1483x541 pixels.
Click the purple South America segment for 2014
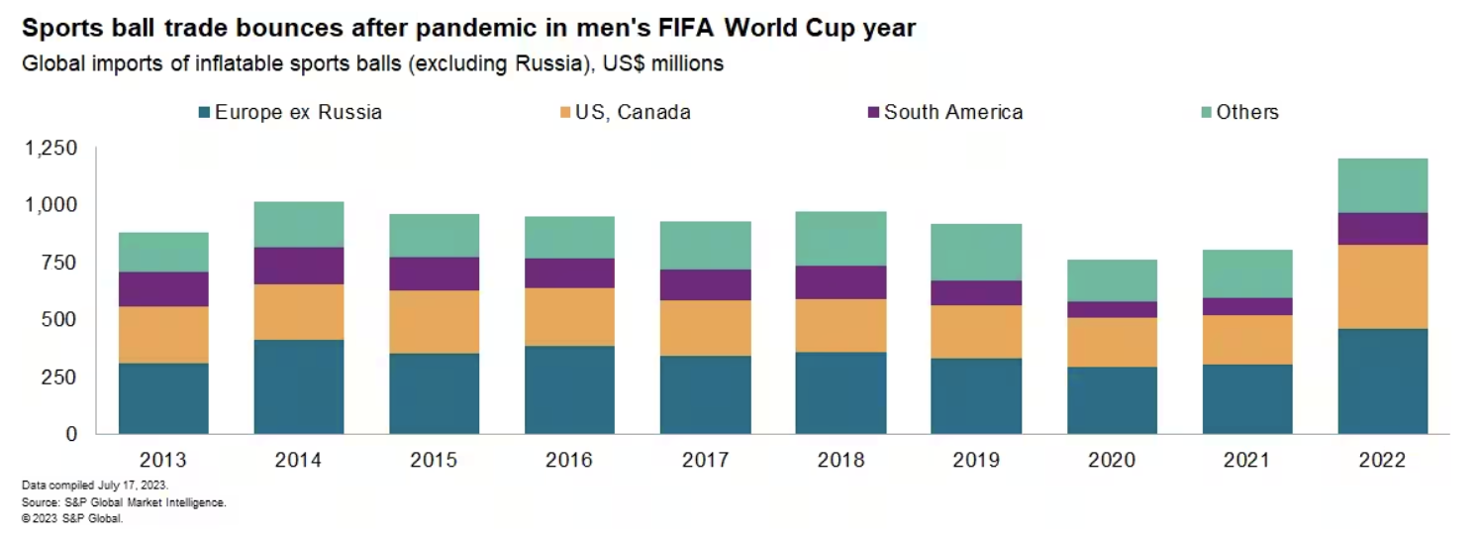pyautogui.click(x=299, y=266)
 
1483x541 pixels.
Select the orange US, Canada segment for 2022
pyautogui.click(x=1382, y=286)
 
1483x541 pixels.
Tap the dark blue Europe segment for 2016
pyautogui.click(x=569, y=389)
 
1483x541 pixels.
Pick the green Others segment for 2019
pyautogui.click(x=975, y=252)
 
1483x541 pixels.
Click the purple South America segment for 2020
pyautogui.click(x=1112, y=309)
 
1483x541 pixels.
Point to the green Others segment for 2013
pyautogui.click(x=163, y=252)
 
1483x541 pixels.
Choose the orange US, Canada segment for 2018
pyautogui.click(x=840, y=325)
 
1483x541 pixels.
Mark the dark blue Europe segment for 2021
pyautogui.click(x=1247, y=398)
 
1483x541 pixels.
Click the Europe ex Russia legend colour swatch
pyautogui.click(x=205, y=112)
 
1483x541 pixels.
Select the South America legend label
pyautogui.click(x=952, y=112)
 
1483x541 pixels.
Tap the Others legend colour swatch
pyautogui.click(x=1204, y=112)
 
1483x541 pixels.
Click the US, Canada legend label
pyautogui.click(x=633, y=112)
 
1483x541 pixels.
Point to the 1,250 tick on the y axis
pyautogui.click(x=50, y=149)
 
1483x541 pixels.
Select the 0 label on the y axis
pyautogui.click(x=70, y=434)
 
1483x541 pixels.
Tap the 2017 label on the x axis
pyautogui.click(x=705, y=461)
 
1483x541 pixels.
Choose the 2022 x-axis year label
pyautogui.click(x=1382, y=461)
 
